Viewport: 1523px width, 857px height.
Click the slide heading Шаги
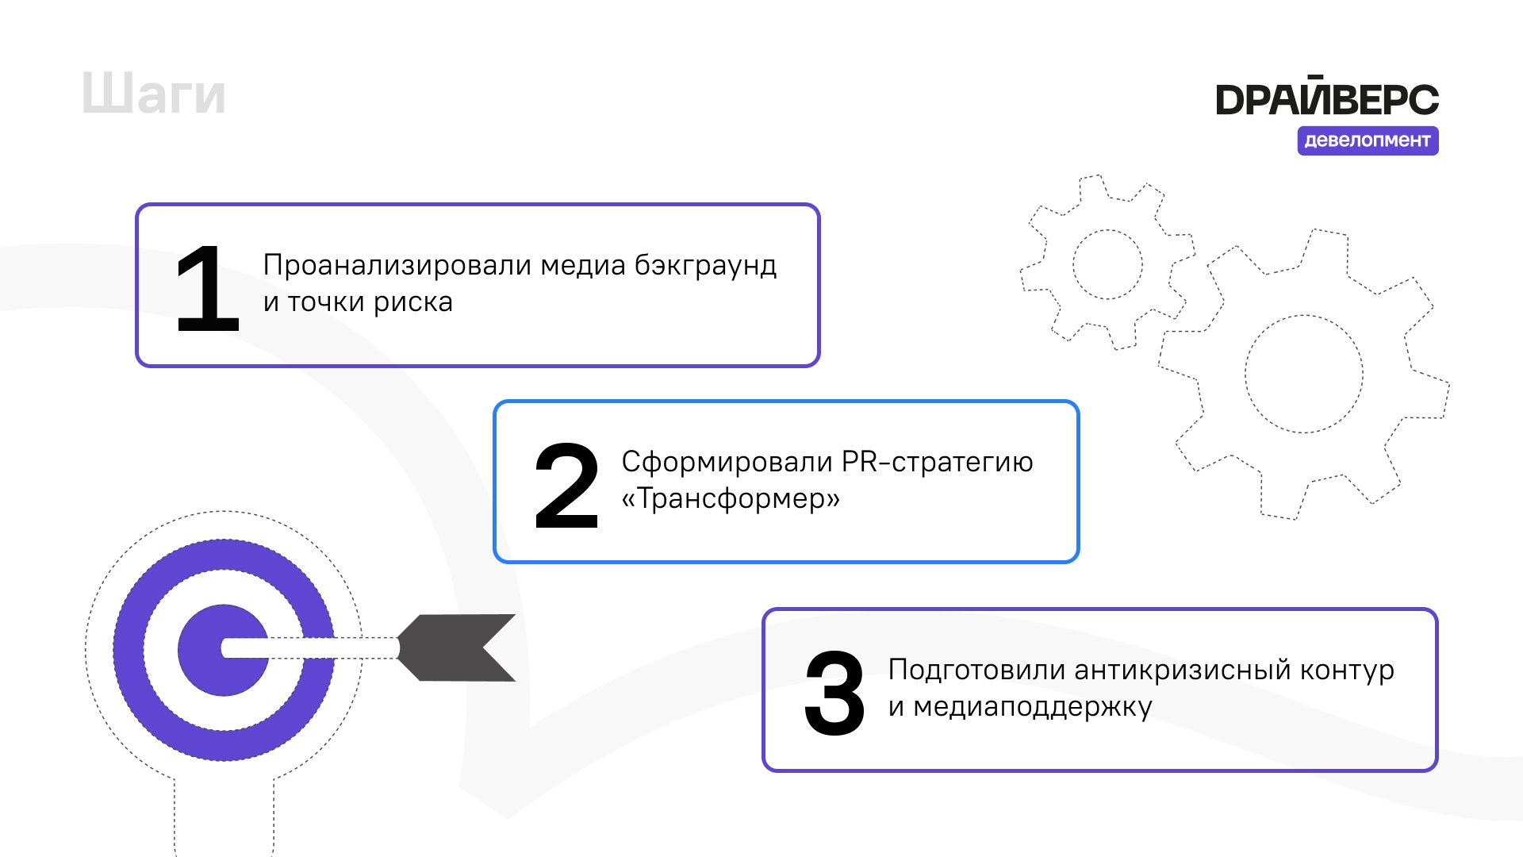154,94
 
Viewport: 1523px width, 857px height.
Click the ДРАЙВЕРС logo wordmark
1326,98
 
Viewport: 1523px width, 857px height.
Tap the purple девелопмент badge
1368,140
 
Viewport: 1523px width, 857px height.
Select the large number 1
207,289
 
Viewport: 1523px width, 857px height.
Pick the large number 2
566,486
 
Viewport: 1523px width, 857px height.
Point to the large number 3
834,694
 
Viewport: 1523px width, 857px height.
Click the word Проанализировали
397,265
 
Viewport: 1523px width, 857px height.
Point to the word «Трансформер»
731,499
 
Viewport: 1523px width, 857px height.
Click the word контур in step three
1346,671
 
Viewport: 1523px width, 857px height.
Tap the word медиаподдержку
1032,707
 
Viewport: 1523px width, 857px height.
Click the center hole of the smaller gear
1107,264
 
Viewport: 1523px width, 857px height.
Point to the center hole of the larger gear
1303,374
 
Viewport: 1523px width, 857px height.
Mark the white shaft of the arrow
317,648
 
